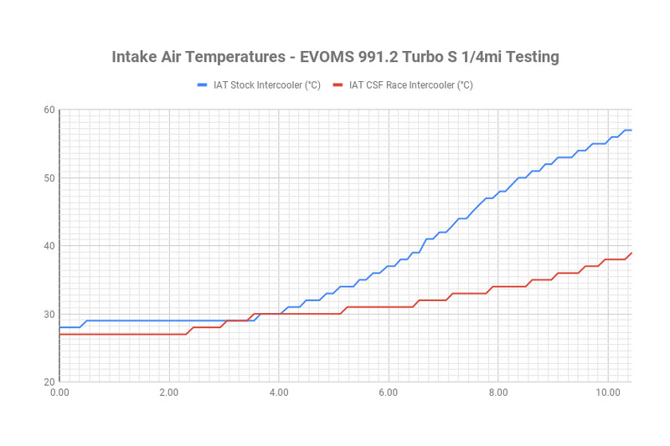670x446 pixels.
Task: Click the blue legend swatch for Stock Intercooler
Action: [x=202, y=85]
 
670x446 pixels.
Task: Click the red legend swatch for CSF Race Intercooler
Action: [x=338, y=85]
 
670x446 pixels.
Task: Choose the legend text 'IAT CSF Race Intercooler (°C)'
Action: [x=411, y=85]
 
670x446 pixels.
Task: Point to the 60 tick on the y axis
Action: [x=49, y=110]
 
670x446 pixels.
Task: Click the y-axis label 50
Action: [x=49, y=177]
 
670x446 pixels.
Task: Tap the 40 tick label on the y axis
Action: [x=49, y=246]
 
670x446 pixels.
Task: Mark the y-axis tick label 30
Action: [x=49, y=314]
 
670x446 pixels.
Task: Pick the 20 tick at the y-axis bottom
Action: [x=49, y=382]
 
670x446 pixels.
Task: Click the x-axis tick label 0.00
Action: [x=59, y=392]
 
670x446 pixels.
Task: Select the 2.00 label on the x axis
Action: [x=169, y=392]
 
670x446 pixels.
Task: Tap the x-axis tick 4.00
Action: [x=279, y=392]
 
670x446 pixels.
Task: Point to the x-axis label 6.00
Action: [x=388, y=392]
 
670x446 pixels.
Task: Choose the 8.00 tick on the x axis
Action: [x=497, y=392]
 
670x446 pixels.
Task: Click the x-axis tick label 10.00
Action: [x=607, y=392]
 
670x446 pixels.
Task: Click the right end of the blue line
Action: [x=631, y=130]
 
